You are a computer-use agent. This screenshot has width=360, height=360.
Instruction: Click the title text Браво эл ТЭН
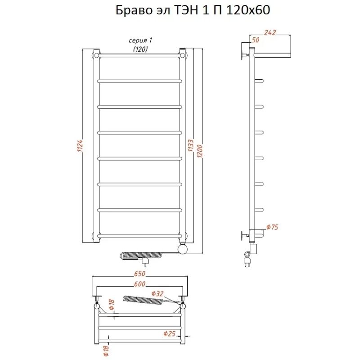point(157,10)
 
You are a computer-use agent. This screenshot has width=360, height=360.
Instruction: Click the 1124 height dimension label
point(80,145)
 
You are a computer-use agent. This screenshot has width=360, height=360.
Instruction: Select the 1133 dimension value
point(191,145)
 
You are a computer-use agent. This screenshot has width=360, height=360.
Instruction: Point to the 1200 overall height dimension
point(200,151)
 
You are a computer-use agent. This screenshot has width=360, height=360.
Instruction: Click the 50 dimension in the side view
point(256,40)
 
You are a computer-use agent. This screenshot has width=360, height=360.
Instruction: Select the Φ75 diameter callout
point(272,227)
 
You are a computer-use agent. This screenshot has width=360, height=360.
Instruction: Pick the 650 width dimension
point(139,274)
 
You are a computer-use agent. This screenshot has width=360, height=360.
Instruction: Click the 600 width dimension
point(139,284)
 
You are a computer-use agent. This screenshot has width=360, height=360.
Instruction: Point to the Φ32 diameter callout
point(157,293)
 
